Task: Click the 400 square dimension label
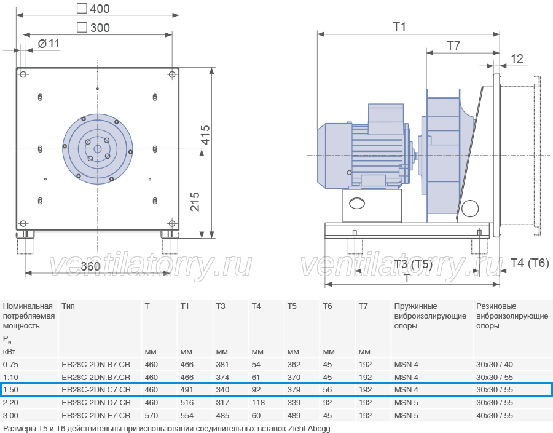pyautogui.click(x=93, y=9)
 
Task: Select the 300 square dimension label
pyautogui.click(x=93, y=28)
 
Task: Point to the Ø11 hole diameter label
pyautogui.click(x=49, y=44)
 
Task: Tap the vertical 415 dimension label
pyautogui.click(x=205, y=135)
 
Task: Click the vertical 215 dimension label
pyautogui.click(x=195, y=202)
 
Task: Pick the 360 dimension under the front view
pyautogui.click(x=90, y=266)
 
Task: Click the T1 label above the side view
pyautogui.click(x=399, y=26)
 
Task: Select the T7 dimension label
pyautogui.click(x=453, y=46)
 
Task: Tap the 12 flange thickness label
pyautogui.click(x=517, y=58)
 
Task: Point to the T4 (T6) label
pyautogui.click(x=530, y=263)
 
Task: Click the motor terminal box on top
pyautogui.click(x=385, y=119)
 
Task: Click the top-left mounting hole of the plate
pyautogui.click(x=23, y=74)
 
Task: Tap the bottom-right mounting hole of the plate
pyautogui.click(x=172, y=223)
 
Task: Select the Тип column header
pyautogui.click(x=68, y=306)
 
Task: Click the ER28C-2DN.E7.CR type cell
pyautogui.click(x=96, y=415)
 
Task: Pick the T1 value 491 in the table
pyautogui.click(x=187, y=389)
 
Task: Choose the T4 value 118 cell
pyautogui.click(x=258, y=403)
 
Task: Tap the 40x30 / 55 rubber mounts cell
pyautogui.click(x=495, y=415)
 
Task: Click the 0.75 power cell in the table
pyautogui.click(x=10, y=365)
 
